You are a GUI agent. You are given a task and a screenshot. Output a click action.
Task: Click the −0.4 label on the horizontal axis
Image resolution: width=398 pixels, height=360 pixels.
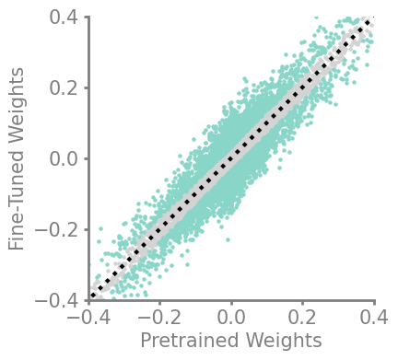[x=88, y=318]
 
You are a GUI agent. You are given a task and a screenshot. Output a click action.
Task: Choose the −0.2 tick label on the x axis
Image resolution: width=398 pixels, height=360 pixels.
[x=160, y=318]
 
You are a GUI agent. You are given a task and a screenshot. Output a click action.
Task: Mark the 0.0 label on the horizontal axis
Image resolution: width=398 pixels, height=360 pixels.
[x=231, y=318]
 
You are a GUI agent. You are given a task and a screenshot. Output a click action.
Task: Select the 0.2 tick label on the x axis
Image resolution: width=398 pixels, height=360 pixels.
[x=302, y=318]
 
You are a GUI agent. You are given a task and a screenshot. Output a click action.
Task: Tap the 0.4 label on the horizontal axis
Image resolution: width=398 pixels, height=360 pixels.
[x=374, y=318]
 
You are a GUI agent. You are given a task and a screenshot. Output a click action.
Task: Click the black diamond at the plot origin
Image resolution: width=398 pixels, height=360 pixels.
[x=231, y=158]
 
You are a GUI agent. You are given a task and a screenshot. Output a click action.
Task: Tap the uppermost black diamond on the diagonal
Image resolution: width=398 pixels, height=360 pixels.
[x=368, y=22]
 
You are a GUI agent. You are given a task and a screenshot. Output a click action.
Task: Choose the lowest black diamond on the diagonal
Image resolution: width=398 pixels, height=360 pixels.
[x=94, y=296]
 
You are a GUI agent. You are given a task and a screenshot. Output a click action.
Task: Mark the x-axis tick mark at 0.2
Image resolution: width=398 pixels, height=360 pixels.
[x=302, y=303]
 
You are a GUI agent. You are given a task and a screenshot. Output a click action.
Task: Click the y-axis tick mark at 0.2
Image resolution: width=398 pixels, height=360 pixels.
[x=87, y=87]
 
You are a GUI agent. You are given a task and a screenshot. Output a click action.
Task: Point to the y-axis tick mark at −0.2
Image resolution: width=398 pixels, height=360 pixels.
[x=87, y=230]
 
